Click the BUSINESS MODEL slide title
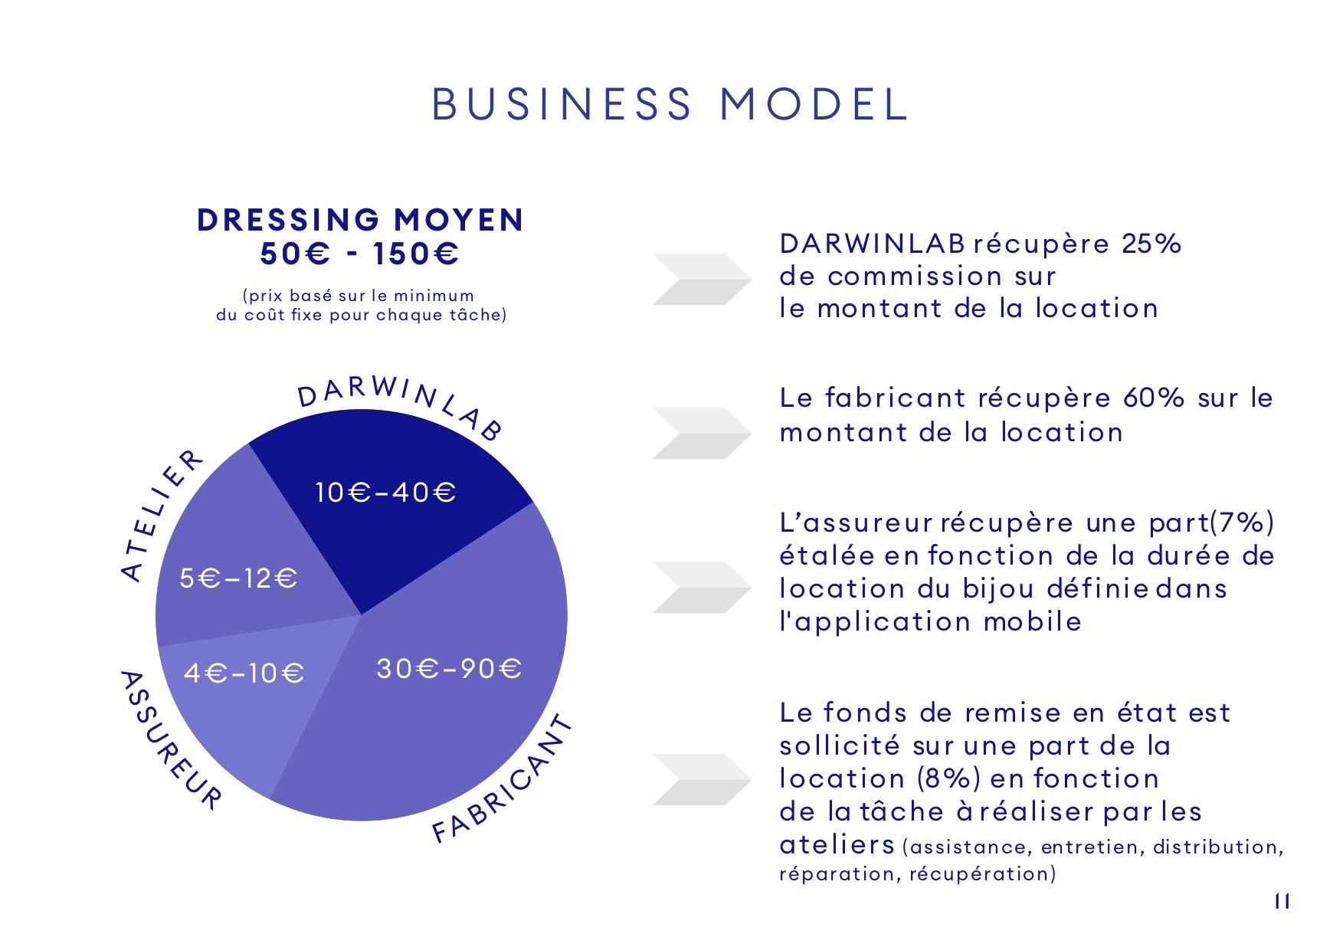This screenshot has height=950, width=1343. click(670, 104)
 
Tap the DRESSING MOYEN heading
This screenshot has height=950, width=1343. click(361, 220)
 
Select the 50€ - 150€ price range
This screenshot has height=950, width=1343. click(359, 254)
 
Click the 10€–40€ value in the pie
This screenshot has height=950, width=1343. click(385, 492)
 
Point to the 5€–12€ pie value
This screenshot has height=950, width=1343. click(238, 578)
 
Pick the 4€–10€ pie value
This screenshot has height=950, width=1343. click(244, 673)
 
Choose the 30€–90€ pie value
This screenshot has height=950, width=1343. click(449, 669)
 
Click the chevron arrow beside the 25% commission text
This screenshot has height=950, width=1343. click(702, 279)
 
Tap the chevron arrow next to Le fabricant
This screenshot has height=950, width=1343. click(702, 434)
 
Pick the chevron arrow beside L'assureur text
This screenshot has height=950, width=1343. click(702, 588)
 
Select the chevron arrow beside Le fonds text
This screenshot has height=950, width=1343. click(702, 780)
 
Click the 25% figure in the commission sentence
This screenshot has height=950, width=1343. click(1151, 244)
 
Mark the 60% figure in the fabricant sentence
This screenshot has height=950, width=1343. click(1154, 398)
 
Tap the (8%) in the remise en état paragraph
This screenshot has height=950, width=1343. click(948, 778)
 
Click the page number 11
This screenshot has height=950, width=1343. click(1282, 901)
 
